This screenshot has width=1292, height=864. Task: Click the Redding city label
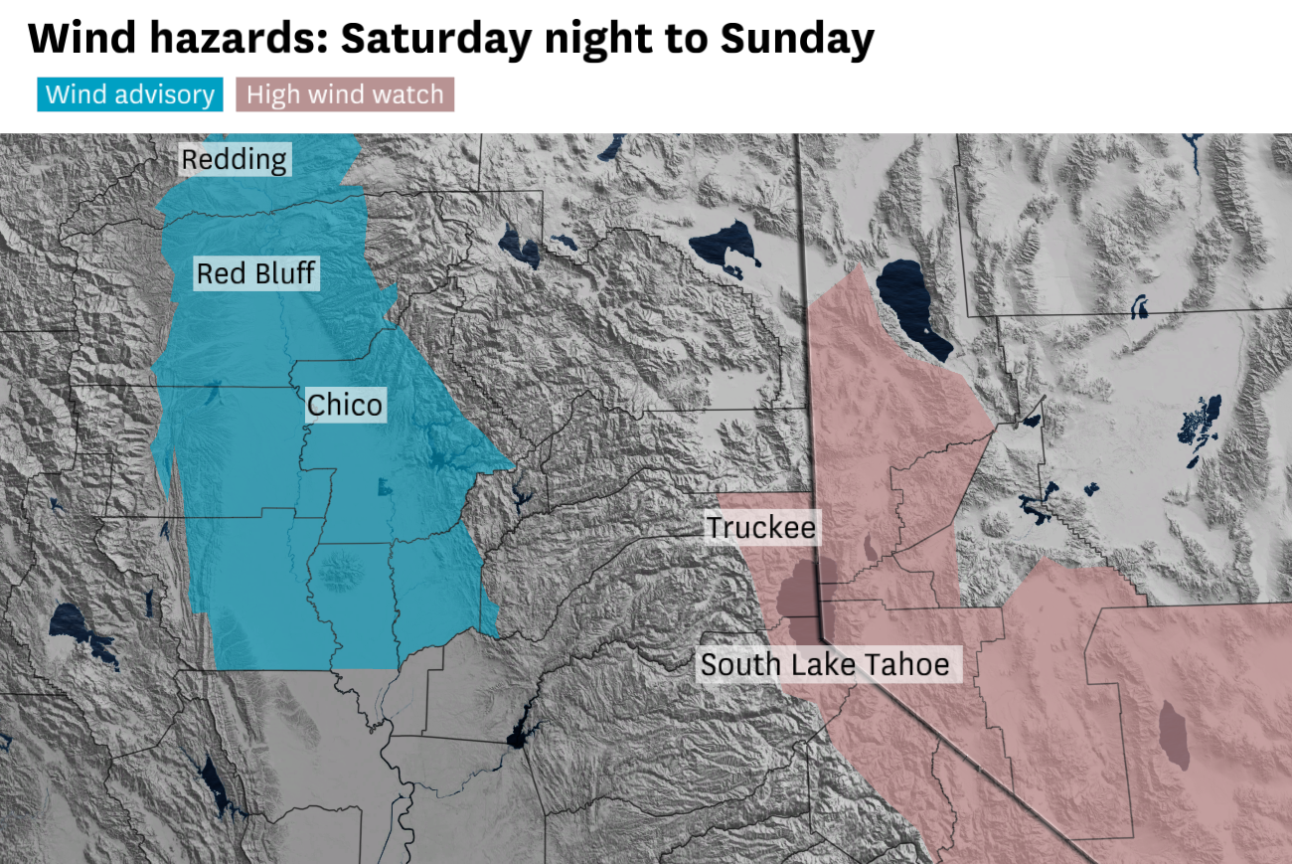point(234,159)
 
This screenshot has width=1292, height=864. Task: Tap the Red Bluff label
point(257,273)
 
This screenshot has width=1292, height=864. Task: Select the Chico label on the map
point(345,405)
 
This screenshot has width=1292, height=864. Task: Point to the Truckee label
point(761,527)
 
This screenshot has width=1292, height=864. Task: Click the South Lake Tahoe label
point(825,664)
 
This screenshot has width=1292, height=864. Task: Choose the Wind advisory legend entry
point(130,94)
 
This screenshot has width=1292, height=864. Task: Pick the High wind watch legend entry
point(345,94)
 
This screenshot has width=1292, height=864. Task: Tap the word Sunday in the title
point(797,39)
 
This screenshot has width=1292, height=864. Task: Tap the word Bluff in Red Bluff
point(284,273)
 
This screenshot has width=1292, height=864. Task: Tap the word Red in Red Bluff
point(219,273)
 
